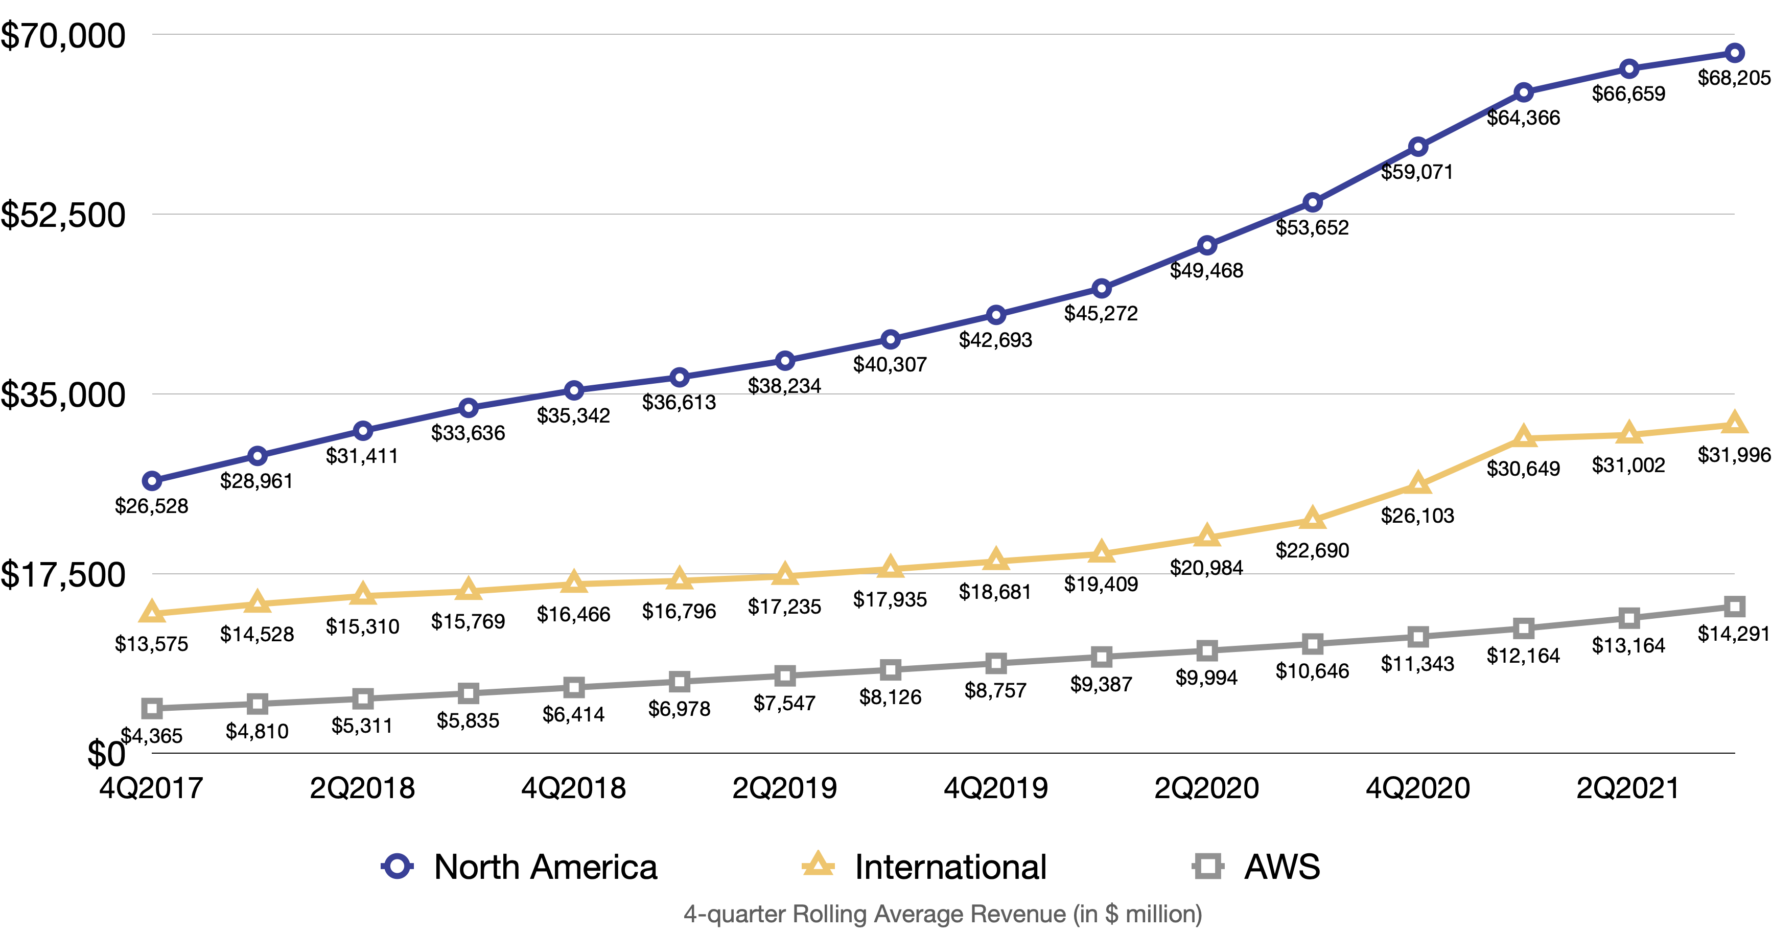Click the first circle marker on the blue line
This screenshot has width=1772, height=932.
pos(152,481)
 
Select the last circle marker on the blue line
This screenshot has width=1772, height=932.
pos(1734,53)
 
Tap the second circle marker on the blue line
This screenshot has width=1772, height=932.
pos(258,456)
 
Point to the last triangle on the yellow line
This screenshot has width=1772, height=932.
pos(1734,423)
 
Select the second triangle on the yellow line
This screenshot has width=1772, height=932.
pos(258,602)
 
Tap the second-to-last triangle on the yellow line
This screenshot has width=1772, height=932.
pos(1629,433)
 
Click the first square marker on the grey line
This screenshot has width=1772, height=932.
pos(152,708)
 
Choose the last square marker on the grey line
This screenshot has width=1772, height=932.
pos(1734,607)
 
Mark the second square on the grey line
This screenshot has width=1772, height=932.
pos(258,704)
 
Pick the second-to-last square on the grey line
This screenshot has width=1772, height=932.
pos(1629,618)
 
